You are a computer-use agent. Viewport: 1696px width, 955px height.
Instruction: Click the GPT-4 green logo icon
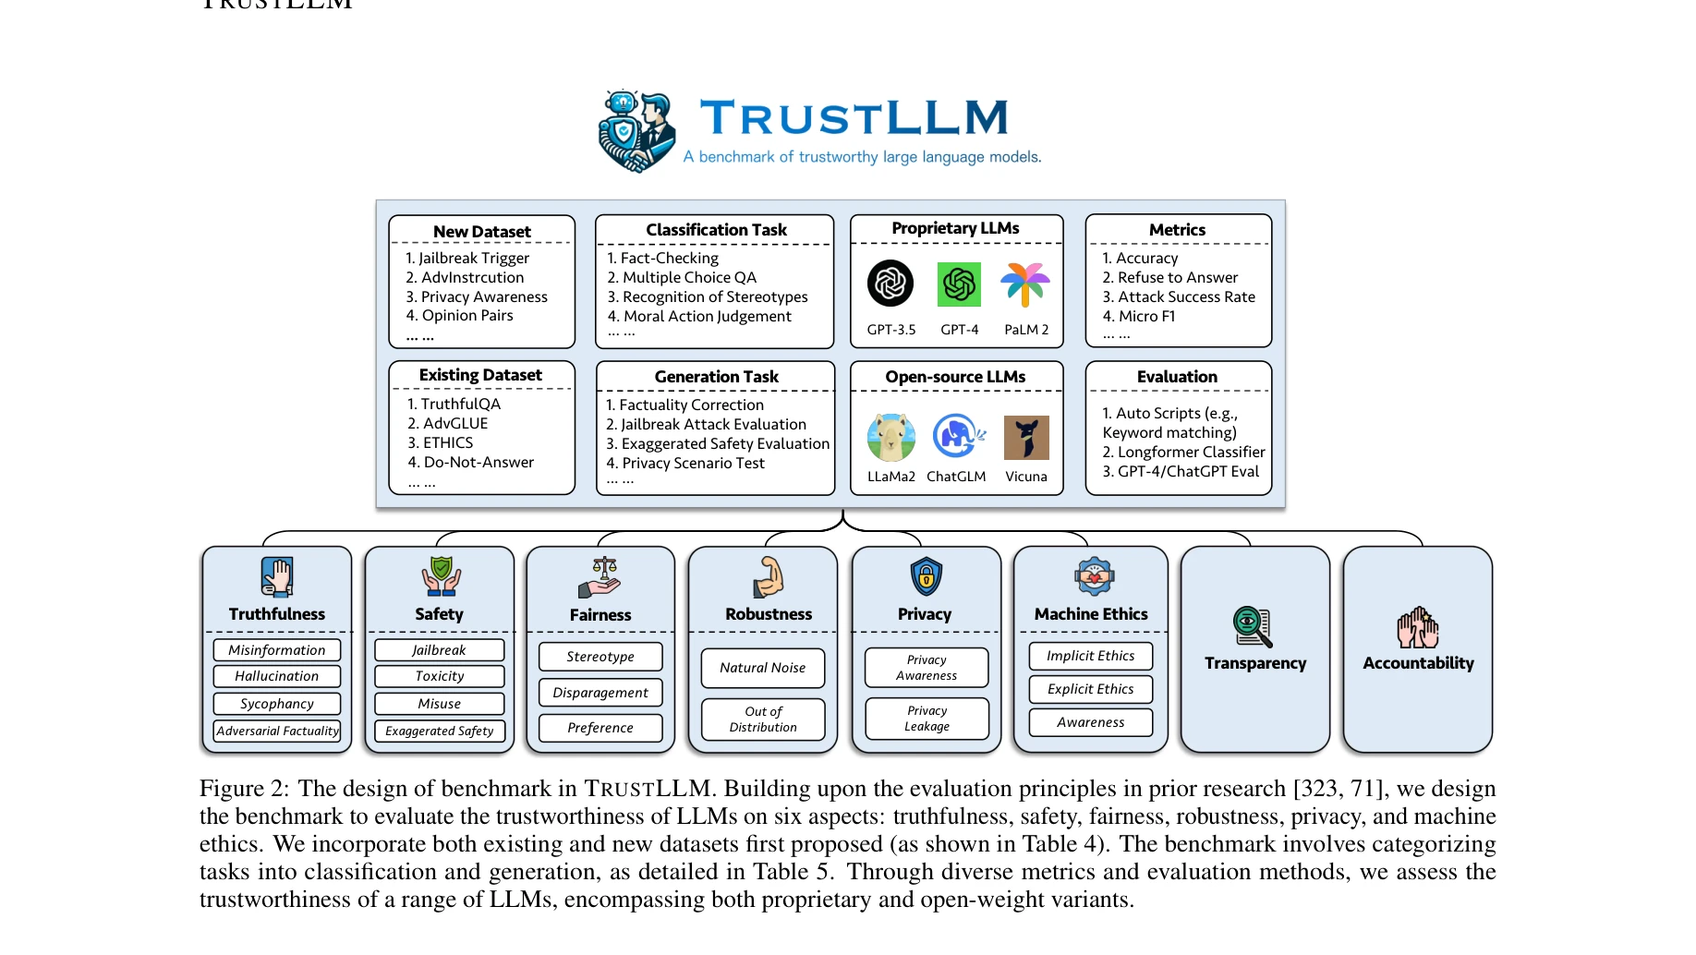(959, 284)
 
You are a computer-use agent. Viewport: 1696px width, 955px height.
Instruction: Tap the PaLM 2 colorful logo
(1025, 284)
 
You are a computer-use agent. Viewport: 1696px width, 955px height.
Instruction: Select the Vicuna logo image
(1026, 438)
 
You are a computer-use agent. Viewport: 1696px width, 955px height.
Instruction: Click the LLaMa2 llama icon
(891, 437)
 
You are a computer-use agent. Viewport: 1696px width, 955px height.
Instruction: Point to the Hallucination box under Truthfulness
(276, 676)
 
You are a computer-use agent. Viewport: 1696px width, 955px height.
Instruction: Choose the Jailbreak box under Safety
(439, 650)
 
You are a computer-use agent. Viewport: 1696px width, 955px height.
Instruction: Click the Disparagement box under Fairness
(600, 693)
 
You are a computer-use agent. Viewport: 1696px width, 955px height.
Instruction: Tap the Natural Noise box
(762, 668)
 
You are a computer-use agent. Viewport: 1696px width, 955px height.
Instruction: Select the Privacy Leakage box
(927, 719)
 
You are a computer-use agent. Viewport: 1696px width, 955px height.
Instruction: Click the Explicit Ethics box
(1090, 689)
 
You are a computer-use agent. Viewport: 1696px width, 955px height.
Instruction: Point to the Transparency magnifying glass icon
(1253, 626)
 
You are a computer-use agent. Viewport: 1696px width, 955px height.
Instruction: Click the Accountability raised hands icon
(1418, 628)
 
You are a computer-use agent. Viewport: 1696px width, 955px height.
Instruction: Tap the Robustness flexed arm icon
(768, 577)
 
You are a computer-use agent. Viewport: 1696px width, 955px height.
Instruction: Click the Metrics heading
(1177, 230)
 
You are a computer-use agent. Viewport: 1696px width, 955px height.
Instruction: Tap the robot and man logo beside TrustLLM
(636, 132)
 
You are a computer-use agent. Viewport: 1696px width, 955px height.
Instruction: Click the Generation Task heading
(716, 377)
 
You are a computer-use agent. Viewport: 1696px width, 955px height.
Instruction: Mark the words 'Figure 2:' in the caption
(244, 789)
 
